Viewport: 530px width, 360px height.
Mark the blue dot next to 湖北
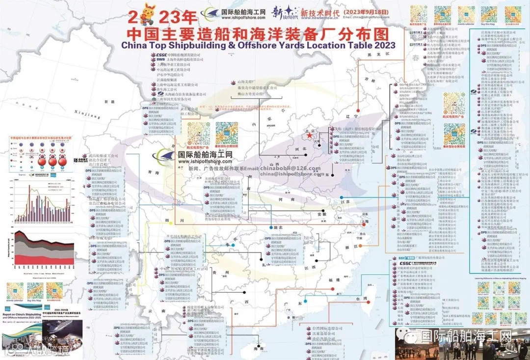271,228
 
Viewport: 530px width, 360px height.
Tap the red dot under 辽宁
359,111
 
